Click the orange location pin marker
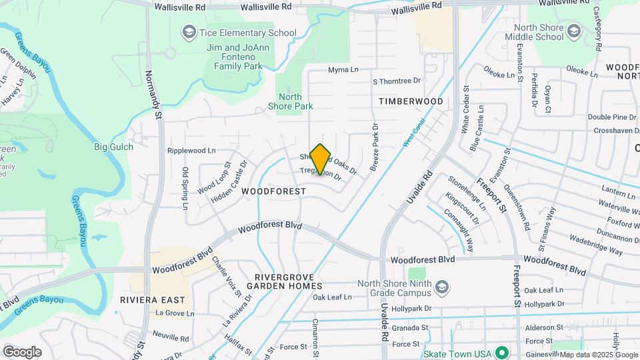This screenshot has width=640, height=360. pos(321,159)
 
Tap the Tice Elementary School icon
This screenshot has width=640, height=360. pos(189,33)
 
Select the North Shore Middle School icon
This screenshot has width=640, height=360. pos(573,30)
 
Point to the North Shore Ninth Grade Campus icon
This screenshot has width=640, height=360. pos(441,288)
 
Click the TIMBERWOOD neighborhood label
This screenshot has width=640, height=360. pos(411,101)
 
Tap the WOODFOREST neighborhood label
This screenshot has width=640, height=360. pos(273,191)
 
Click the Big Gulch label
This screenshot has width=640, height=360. pos(113,147)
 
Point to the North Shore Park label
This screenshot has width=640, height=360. pos(290,101)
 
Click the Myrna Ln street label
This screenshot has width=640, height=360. pos(343,70)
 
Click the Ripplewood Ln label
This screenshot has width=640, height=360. pos(192,151)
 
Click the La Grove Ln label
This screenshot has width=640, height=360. pos(175,313)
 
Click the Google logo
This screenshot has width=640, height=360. pos(23,351)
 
